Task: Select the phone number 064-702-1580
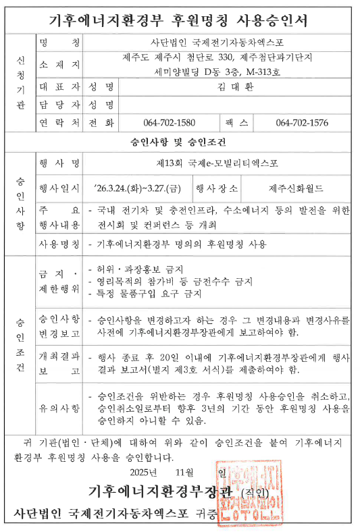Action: tap(170, 123)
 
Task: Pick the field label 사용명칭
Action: tap(59, 244)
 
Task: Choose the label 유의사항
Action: tap(59, 408)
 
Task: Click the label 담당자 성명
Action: tap(77, 105)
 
